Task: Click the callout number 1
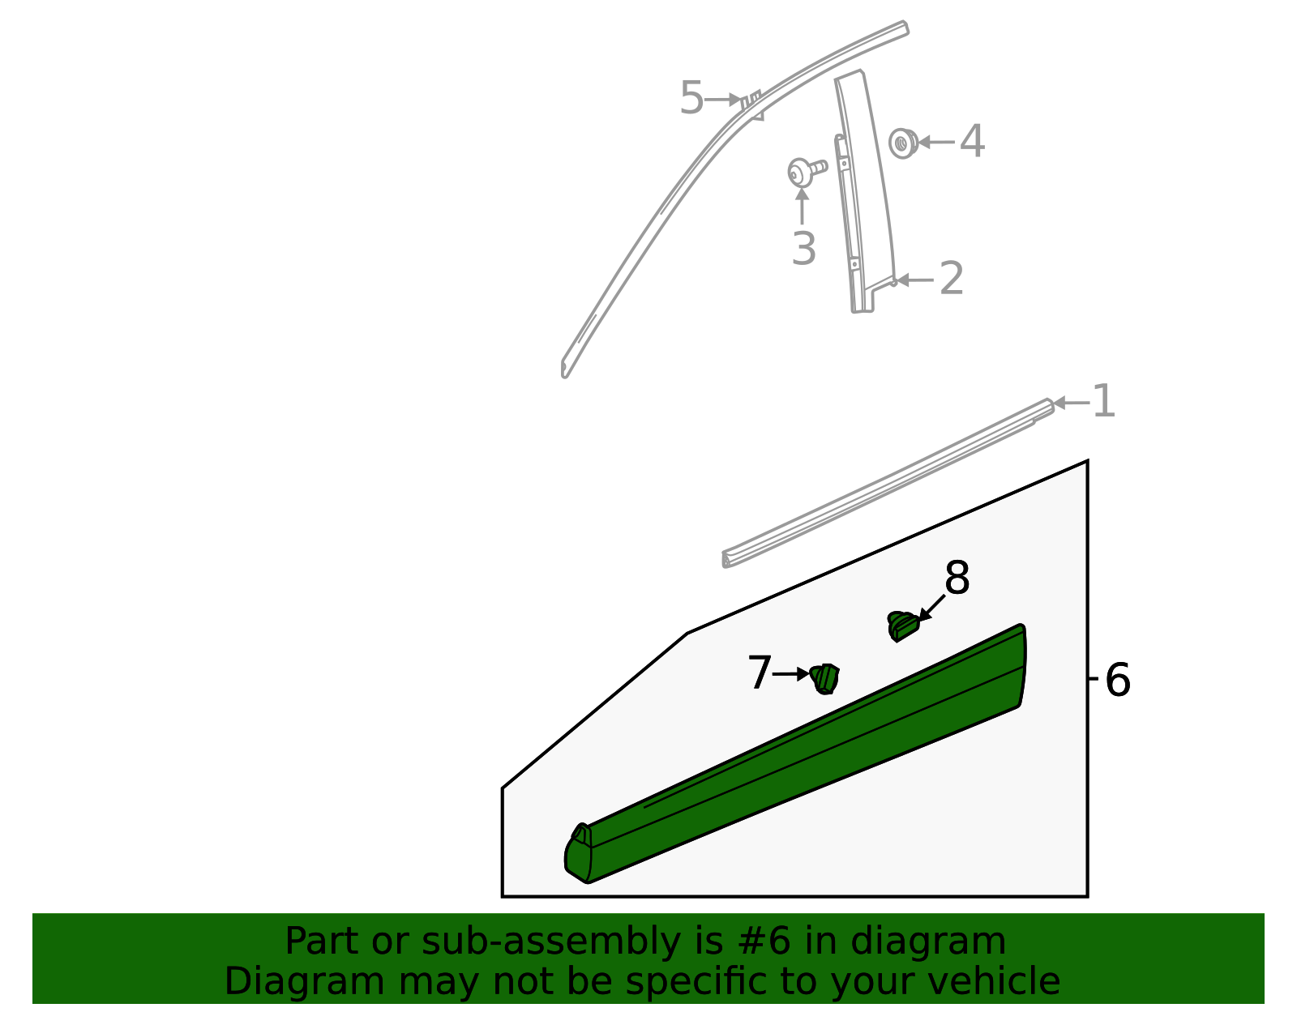coord(1103,402)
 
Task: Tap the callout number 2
coord(951,279)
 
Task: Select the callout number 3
coord(803,248)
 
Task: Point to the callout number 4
coord(972,142)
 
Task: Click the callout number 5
coord(691,99)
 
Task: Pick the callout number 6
coord(1117,680)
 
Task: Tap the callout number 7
coord(759,673)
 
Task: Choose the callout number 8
coord(957,579)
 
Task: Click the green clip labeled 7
coord(825,678)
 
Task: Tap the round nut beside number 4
coord(901,143)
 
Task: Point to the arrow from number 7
coord(790,673)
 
